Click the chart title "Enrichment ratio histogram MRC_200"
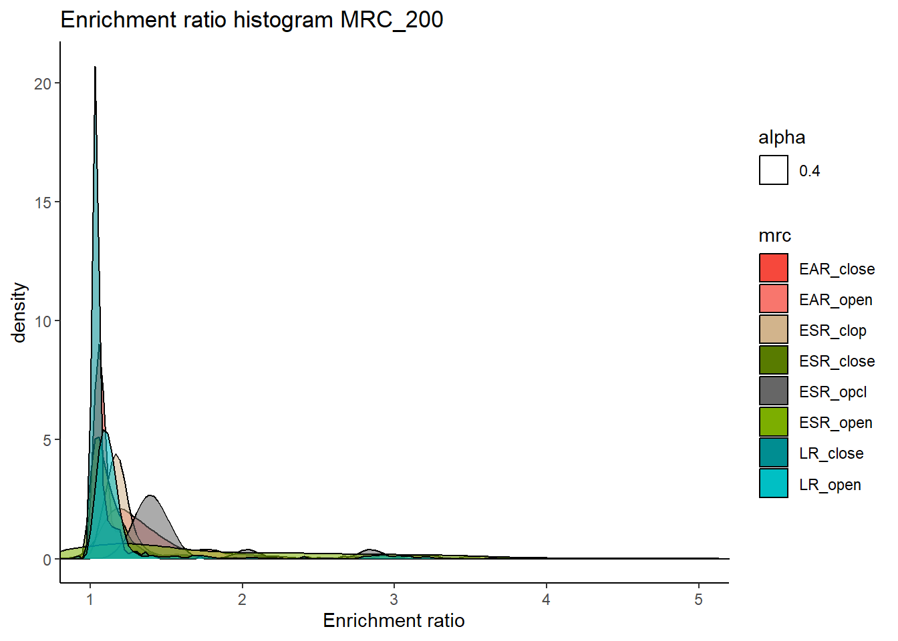pyautogui.click(x=252, y=20)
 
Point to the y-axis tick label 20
pyautogui.click(x=43, y=84)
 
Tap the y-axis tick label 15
pyautogui.click(x=43, y=203)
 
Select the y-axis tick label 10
pyautogui.click(x=43, y=322)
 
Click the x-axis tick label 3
pyautogui.click(x=394, y=600)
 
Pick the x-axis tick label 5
pyautogui.click(x=698, y=600)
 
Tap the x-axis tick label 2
pyautogui.click(x=242, y=600)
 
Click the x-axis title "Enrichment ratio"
pyautogui.click(x=394, y=620)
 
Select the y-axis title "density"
pyautogui.click(x=19, y=312)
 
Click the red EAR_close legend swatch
pyautogui.click(x=773, y=268)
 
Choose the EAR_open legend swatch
pyautogui.click(x=773, y=298)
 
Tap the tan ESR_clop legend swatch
pyautogui.click(x=773, y=329)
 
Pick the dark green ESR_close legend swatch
pyautogui.click(x=773, y=360)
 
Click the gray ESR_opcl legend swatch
pyautogui.click(x=773, y=391)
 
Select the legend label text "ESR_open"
pyautogui.click(x=836, y=423)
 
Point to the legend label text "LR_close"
pyautogui.click(x=831, y=453)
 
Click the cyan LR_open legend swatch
pyautogui.click(x=773, y=483)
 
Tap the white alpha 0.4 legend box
pyautogui.click(x=773, y=170)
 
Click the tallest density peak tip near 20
pyautogui.click(x=95, y=67)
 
